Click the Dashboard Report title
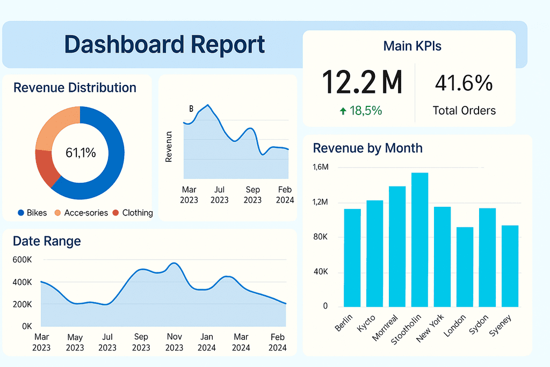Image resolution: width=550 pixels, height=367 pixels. pos(164,44)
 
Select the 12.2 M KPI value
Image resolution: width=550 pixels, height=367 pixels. pos(362,82)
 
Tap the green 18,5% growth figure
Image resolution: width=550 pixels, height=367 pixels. pos(360,111)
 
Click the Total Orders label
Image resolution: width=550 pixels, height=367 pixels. pos(464,111)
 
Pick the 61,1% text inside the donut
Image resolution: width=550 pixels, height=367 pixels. pos(81,153)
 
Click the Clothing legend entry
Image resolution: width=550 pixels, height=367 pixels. pos(133,213)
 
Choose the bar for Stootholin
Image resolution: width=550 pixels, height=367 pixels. pos(419,239)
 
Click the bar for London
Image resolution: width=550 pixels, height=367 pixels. pos(465,267)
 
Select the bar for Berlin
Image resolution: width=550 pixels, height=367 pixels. pos(352,257)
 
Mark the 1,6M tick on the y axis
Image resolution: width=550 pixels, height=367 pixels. pos(320,168)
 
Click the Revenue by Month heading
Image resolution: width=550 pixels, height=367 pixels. pos(367,148)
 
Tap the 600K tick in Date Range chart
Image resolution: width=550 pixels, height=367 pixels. pos(22,260)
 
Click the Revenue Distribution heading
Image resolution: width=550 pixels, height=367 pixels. pos(75,88)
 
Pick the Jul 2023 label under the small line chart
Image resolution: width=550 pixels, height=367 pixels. pos(219,195)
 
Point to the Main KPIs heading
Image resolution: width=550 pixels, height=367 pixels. pos(412,46)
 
